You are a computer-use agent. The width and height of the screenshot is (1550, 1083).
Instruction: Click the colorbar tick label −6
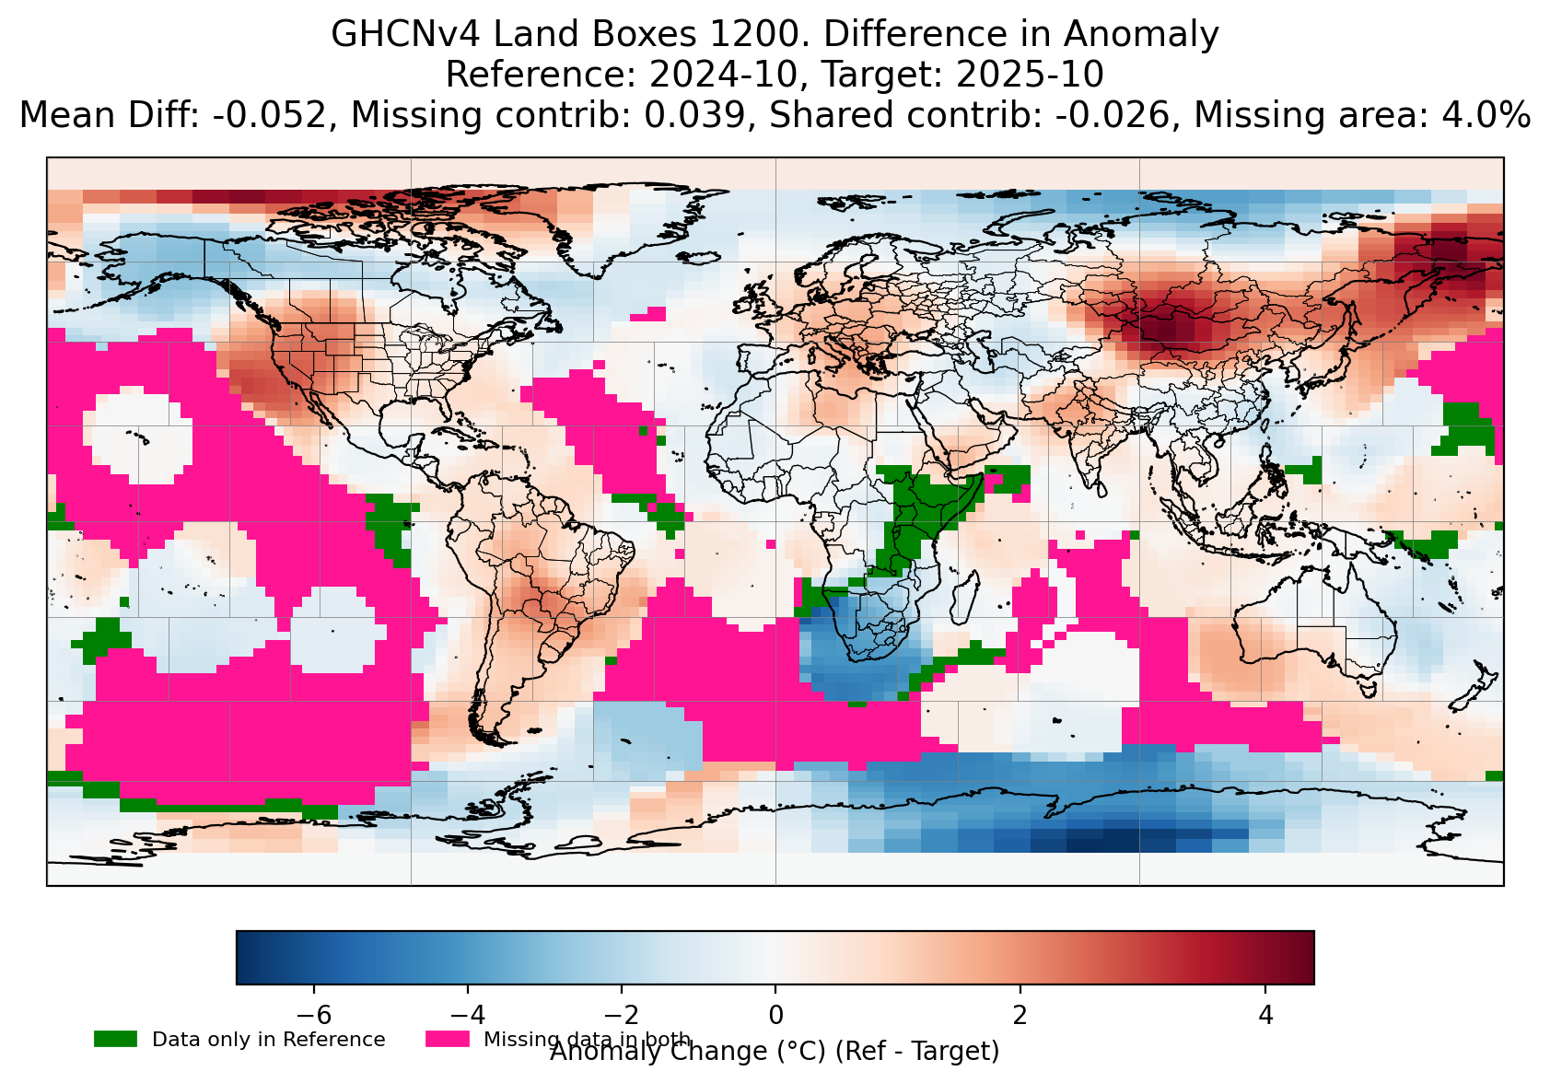pyautogui.click(x=314, y=1015)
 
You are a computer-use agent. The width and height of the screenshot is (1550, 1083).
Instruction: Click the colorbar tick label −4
pyautogui.click(x=468, y=1015)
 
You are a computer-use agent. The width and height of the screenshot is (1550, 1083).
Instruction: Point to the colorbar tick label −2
pyautogui.click(x=621, y=1015)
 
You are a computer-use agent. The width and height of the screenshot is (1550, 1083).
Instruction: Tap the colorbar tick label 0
pyautogui.click(x=775, y=1015)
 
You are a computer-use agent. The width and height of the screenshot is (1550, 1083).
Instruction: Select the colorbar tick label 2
pyautogui.click(x=1020, y=1015)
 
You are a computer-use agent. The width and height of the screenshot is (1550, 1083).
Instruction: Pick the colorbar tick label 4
pyautogui.click(x=1265, y=1015)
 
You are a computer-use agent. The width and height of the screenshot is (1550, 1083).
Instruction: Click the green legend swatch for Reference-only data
pyautogui.click(x=115, y=1039)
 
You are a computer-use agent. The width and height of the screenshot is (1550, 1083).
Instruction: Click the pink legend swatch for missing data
pyautogui.click(x=447, y=1039)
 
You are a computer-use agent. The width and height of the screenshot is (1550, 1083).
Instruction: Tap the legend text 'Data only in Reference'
pyautogui.click(x=268, y=1040)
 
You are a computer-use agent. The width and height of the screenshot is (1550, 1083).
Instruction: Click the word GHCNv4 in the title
pyautogui.click(x=405, y=35)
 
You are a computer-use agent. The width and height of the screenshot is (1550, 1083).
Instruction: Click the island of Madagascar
pyautogui.click(x=963, y=597)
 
